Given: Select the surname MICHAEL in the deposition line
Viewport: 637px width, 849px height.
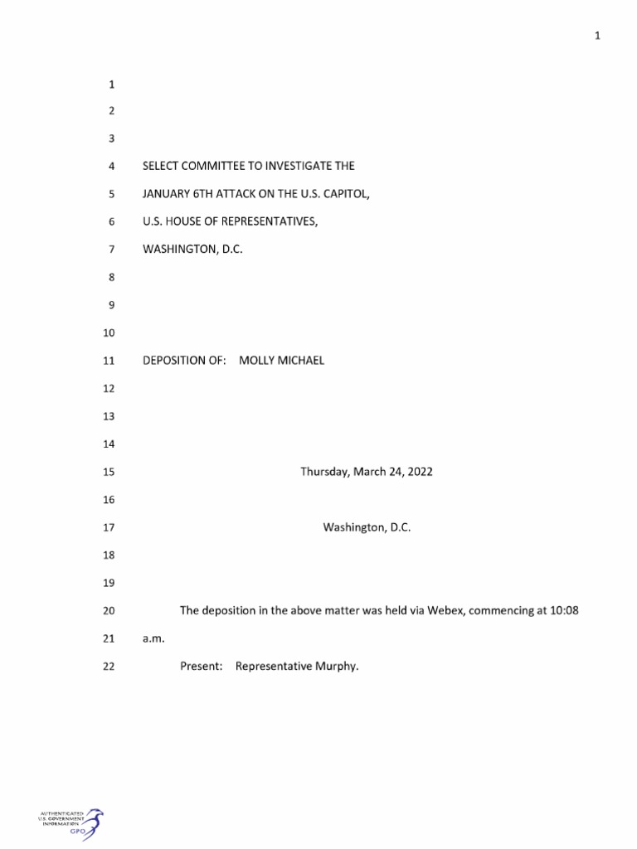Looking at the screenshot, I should coord(302,361).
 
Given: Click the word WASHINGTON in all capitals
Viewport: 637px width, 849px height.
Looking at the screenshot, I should coord(180,249).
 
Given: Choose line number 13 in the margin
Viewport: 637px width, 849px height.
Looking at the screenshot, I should coord(109,416).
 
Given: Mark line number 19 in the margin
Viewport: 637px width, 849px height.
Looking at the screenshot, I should coord(109,583).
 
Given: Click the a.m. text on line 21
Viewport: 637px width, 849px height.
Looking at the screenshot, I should coord(155,638).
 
